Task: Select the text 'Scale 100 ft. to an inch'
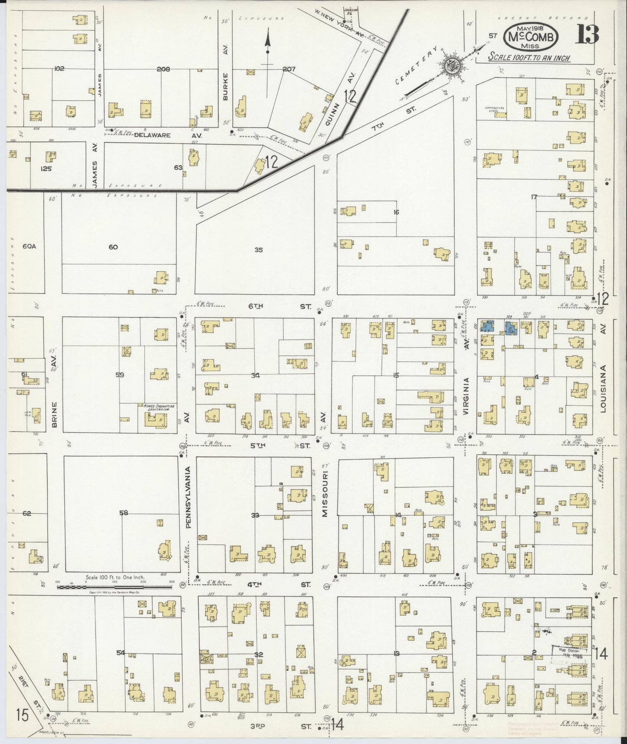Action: pyautogui.click(x=529, y=57)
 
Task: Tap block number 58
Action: pyautogui.click(x=124, y=513)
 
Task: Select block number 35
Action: pyautogui.click(x=259, y=250)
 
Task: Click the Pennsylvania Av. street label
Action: pyautogui.click(x=188, y=497)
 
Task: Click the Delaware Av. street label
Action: pyautogui.click(x=152, y=135)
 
